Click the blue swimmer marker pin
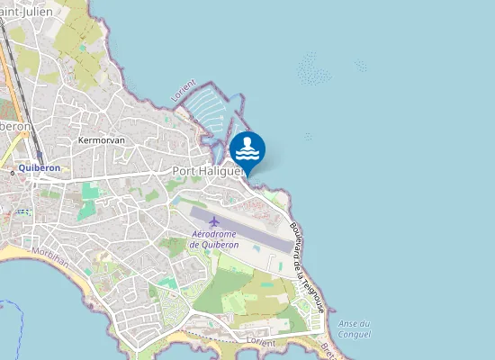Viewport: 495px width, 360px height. pyautogui.click(x=247, y=149)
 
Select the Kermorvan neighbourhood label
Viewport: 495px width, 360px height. pyautogui.click(x=101, y=141)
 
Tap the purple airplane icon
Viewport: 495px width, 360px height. pyautogui.click(x=213, y=221)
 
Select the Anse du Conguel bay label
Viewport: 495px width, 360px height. pyautogui.click(x=353, y=329)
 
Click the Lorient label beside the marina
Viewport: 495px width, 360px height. pyautogui.click(x=184, y=91)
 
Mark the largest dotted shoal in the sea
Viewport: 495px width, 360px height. pyautogui.click(x=316, y=67)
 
